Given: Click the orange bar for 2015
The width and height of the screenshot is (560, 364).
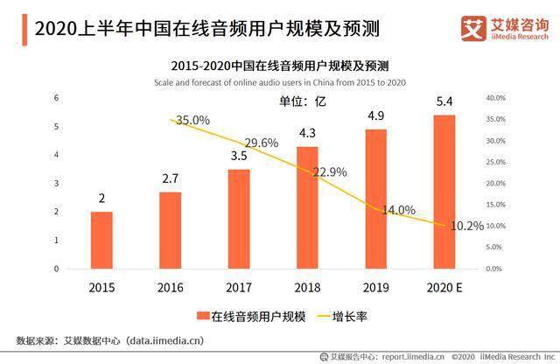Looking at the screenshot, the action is tap(101, 240).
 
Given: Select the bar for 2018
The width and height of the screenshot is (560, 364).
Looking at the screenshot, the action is tap(307, 207).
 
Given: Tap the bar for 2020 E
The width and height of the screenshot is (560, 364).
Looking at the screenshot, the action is tap(444, 192).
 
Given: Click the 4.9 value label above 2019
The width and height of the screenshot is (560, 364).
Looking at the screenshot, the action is tap(376, 115).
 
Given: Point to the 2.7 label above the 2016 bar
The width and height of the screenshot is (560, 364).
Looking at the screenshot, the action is tap(171, 178).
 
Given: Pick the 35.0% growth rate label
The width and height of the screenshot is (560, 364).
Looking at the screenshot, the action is tap(192, 121).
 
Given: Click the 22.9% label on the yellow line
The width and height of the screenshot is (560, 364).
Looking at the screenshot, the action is tap(330, 172).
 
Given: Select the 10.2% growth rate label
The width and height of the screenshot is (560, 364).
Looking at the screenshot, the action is tap(467, 226).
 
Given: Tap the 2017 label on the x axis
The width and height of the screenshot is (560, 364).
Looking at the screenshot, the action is tap(239, 288).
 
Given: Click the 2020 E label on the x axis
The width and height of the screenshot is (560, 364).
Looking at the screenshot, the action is tap(444, 288).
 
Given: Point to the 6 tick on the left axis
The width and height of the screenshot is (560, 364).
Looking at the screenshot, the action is tap(56, 98).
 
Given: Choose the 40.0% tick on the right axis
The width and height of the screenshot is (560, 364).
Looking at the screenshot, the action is tap(496, 98).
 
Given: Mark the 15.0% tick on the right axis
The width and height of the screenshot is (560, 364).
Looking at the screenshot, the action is tap(496, 205).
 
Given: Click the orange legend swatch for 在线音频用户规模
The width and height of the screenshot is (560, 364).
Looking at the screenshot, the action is tap(203, 316).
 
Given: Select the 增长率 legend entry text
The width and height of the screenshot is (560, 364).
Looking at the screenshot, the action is tap(350, 317).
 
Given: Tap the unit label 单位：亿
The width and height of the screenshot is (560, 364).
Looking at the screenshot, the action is tap(303, 101).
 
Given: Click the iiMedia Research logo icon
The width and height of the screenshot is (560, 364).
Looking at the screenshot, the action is tap(473, 29).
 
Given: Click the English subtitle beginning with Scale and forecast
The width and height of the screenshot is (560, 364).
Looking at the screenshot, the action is tap(280, 82).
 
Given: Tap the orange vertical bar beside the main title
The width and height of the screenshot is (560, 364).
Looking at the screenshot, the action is tap(24, 30).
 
